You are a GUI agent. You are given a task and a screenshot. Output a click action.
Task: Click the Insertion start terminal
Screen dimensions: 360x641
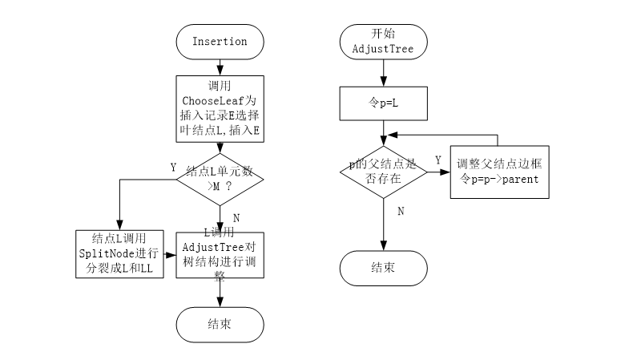point(220,42)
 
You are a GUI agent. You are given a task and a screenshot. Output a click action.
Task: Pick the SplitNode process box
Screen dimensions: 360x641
point(120,253)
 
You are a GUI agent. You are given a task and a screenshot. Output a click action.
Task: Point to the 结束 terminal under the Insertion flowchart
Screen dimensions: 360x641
point(220,324)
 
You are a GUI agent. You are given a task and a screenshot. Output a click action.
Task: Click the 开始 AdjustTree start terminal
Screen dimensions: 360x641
point(383,42)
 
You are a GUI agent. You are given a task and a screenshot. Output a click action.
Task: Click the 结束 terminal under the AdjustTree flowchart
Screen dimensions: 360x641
point(383,266)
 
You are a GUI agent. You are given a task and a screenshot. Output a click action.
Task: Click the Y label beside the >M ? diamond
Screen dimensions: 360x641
point(173,168)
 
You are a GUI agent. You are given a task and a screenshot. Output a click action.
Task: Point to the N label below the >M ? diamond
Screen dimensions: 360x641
point(235,217)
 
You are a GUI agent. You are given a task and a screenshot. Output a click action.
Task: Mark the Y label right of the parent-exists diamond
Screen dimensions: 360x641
point(437,160)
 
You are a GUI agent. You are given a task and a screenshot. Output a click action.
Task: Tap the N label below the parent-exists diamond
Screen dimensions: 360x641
point(400,211)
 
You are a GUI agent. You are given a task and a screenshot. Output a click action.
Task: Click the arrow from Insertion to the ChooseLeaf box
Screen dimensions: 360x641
point(220,67)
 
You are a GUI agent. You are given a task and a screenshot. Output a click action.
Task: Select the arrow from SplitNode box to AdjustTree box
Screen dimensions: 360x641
point(170,253)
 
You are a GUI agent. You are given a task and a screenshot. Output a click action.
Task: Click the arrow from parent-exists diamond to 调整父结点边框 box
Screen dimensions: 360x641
point(437,172)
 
